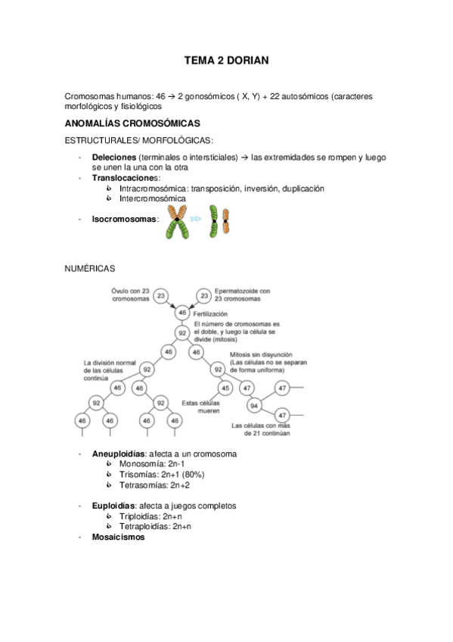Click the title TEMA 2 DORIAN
(x=226, y=59)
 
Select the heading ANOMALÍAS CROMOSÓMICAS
(x=132, y=123)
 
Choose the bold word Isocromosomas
(x=125, y=219)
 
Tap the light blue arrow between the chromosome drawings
(x=197, y=218)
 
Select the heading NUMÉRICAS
(x=90, y=268)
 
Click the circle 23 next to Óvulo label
(x=160, y=295)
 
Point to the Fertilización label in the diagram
(x=210, y=313)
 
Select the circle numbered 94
(x=253, y=405)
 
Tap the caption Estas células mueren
(x=200, y=407)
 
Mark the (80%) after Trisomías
(x=189, y=474)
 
